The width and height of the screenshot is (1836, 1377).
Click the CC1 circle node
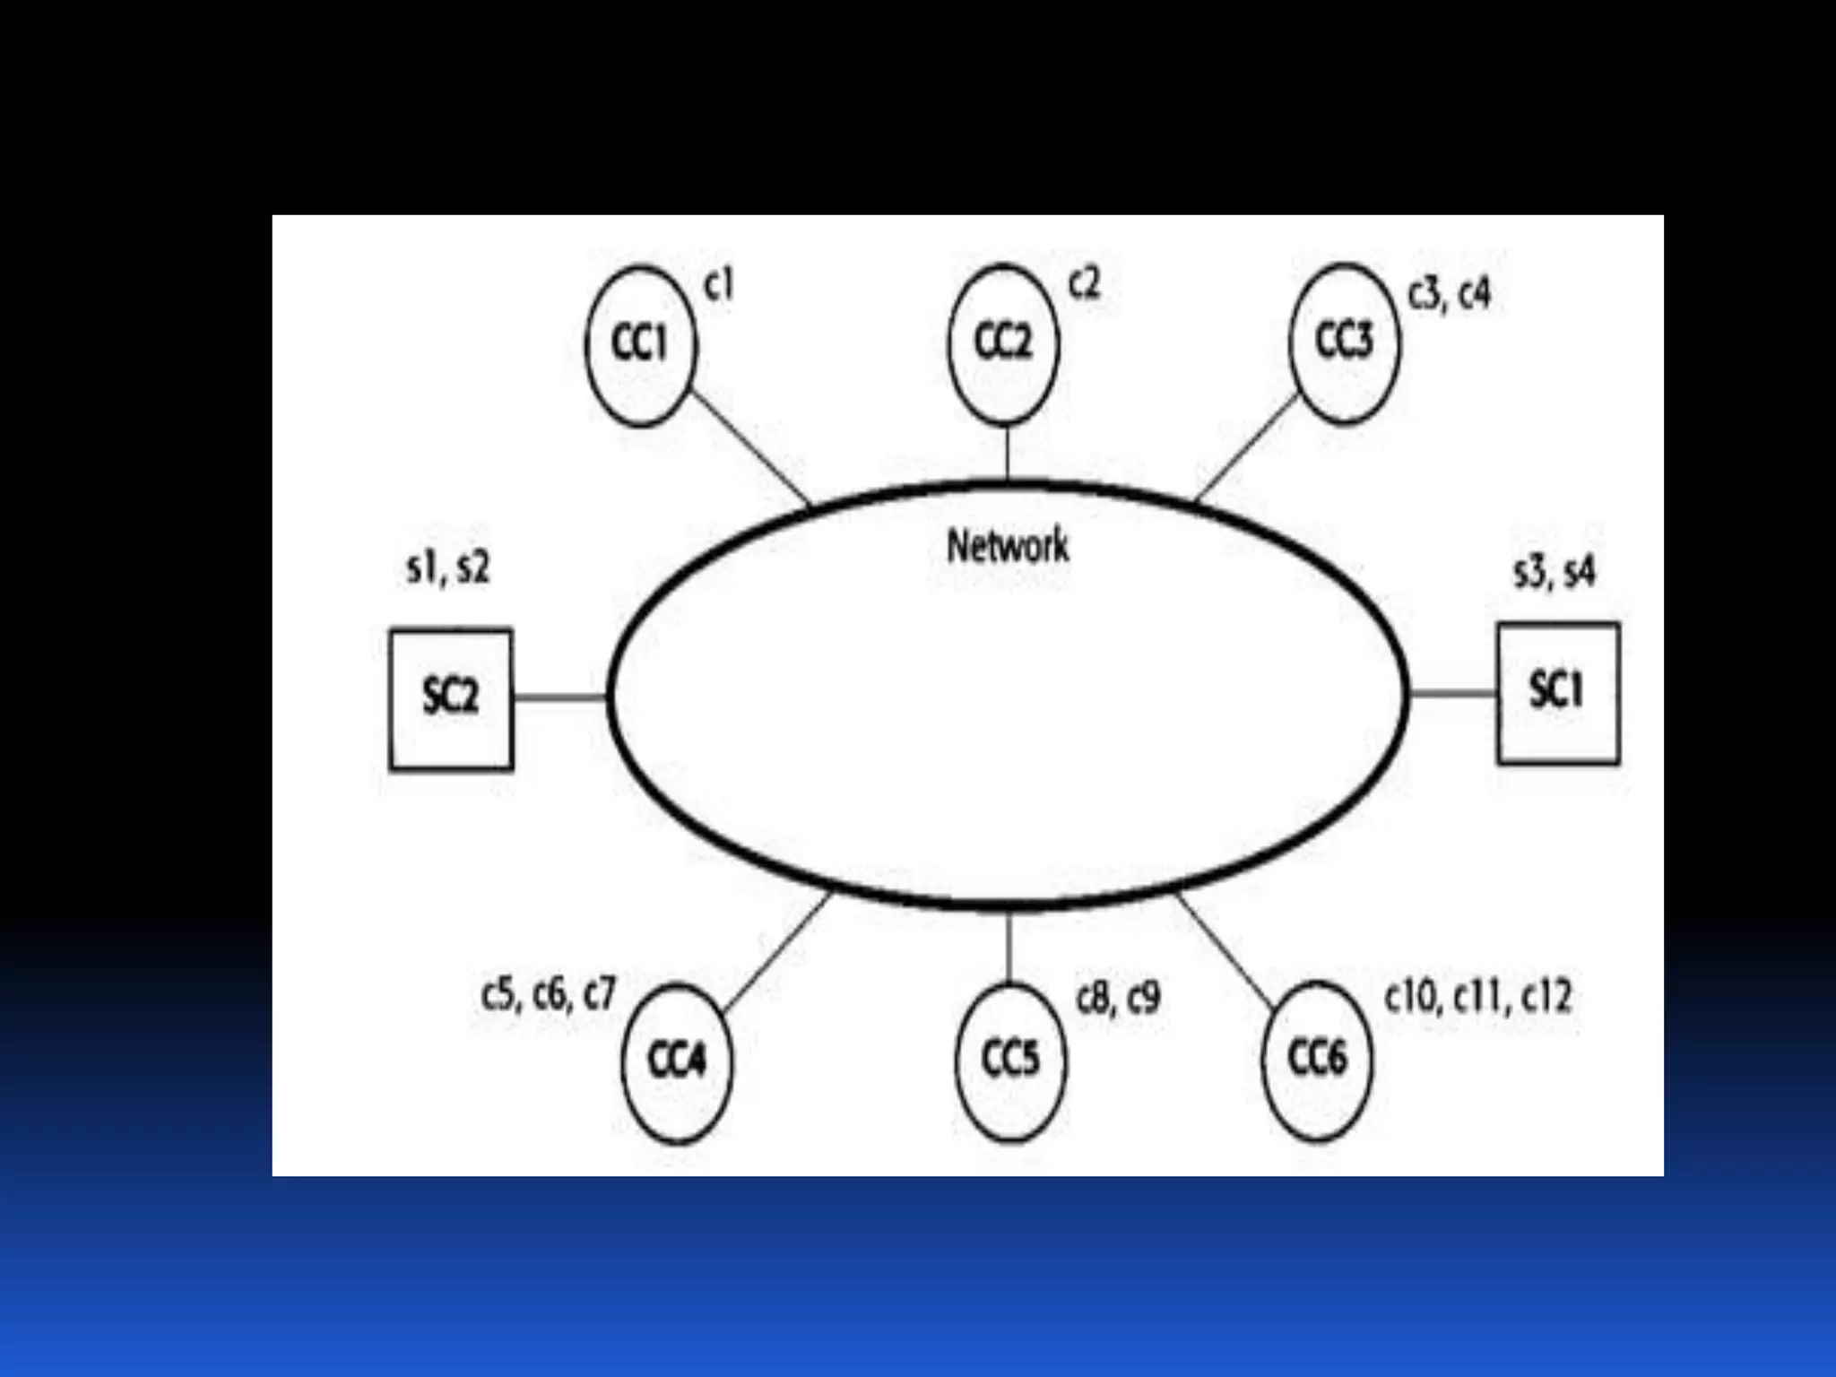640,344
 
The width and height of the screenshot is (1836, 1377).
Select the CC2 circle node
1003,342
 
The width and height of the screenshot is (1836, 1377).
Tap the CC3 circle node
1344,342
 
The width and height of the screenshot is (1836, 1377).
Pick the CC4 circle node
677,1062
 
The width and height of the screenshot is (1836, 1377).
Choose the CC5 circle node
1010,1061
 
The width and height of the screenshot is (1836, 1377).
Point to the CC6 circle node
1317,1060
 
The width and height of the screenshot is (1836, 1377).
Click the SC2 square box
451,698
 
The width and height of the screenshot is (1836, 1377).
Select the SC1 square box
1558,693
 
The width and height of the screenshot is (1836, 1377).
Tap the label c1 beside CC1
719,286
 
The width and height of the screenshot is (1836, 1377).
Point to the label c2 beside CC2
1084,284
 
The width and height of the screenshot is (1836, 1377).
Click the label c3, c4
1450,295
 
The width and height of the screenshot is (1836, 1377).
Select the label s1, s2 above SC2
448,568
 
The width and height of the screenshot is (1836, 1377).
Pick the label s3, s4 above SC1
1555,573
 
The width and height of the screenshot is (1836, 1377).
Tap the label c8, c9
1118,998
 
